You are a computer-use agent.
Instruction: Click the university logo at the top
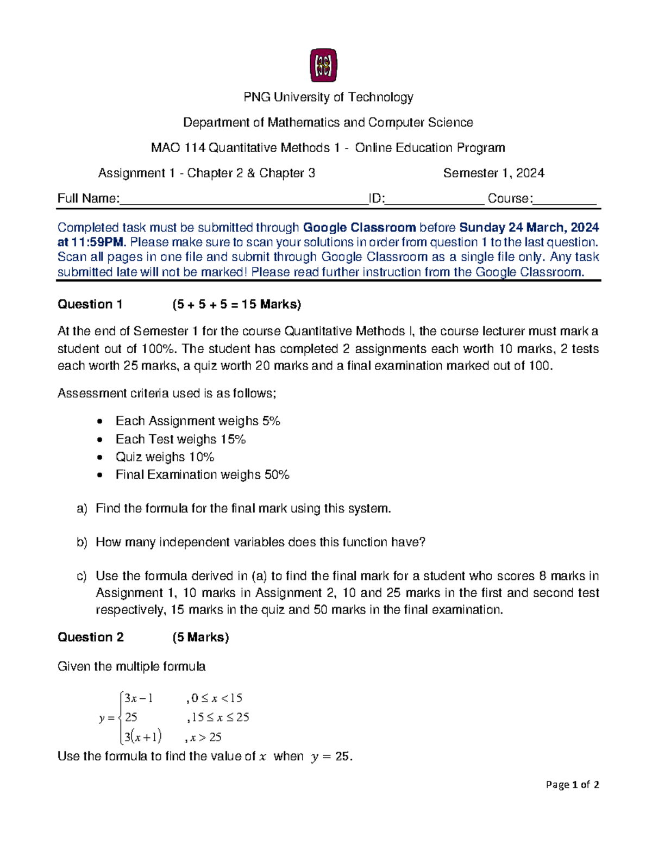[x=323, y=65]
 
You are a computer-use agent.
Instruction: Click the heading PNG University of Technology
[x=328, y=97]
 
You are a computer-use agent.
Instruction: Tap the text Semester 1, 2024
[x=493, y=173]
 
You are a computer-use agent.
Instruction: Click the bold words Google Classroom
[x=359, y=228]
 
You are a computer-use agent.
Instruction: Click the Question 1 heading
[x=90, y=304]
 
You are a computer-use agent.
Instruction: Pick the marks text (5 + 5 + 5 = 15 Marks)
[x=236, y=304]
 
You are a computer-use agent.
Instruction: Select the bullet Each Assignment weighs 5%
[x=198, y=421]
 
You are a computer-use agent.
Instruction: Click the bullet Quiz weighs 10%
[x=165, y=457]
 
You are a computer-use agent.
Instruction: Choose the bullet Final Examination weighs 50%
[x=202, y=475]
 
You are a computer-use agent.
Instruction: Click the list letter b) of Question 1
[x=81, y=542]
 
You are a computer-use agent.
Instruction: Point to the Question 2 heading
[x=91, y=637]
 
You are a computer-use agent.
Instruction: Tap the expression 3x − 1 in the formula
[x=139, y=698]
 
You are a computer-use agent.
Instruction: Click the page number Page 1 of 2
[x=572, y=785]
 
